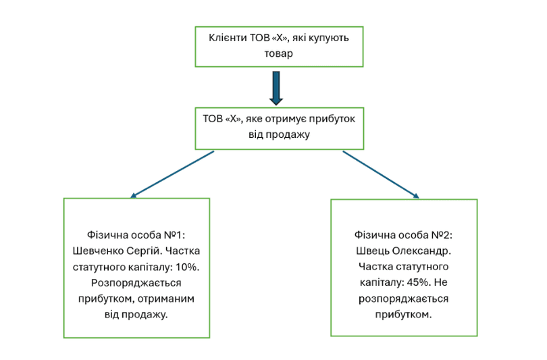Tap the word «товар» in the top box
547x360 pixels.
(x=279, y=54)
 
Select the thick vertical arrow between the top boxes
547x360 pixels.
(x=276, y=87)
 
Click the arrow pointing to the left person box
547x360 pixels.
(x=172, y=174)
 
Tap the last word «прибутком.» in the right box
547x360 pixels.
(x=404, y=314)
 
